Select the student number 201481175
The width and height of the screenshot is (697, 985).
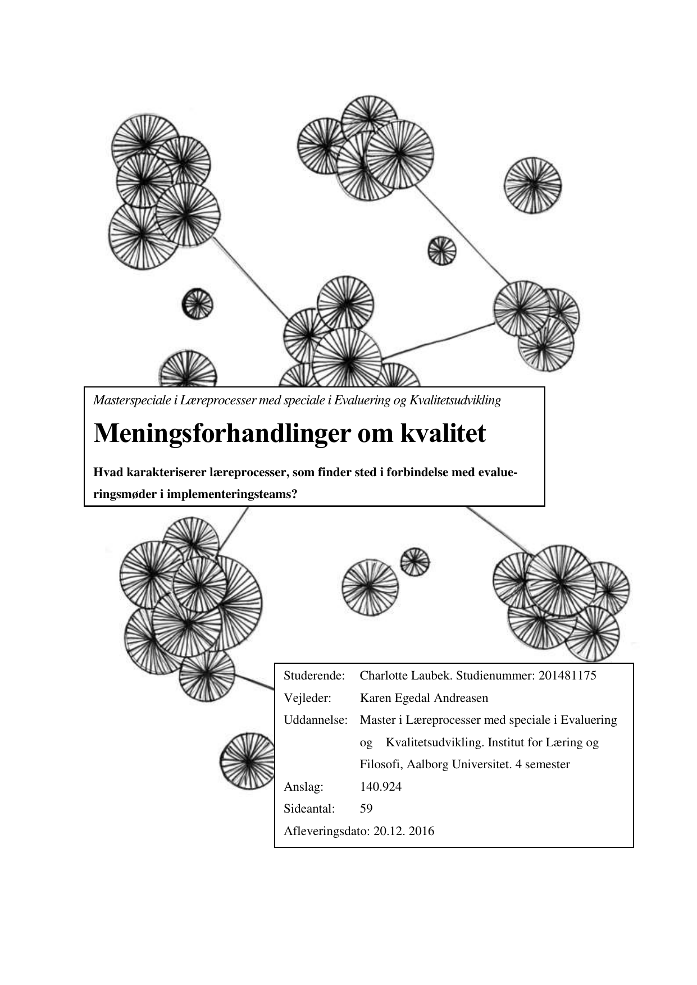(567, 676)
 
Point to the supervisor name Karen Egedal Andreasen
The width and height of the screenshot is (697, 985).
(423, 698)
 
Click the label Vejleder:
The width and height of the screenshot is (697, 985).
(307, 698)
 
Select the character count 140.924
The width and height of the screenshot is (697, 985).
(380, 787)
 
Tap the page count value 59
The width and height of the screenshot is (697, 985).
(366, 809)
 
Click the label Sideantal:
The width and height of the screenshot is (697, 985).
(309, 809)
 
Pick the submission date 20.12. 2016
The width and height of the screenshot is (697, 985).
(403, 831)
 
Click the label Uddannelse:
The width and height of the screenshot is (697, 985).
(316, 720)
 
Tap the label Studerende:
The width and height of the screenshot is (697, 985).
(314, 676)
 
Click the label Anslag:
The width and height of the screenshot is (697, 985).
(303, 787)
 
